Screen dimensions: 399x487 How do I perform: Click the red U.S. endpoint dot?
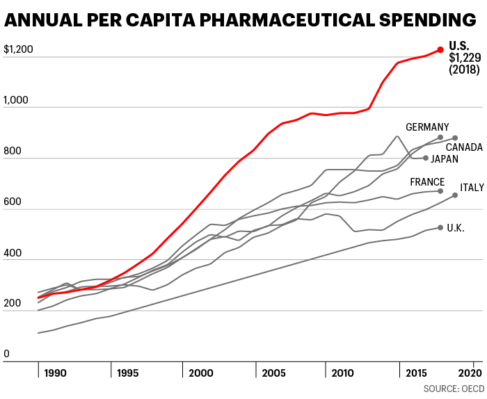point(440,49)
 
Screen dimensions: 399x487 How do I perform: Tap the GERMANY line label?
point(427,127)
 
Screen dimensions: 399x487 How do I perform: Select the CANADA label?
point(464,147)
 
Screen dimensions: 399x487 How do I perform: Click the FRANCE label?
point(427,182)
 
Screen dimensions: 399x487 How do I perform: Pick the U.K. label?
point(456,228)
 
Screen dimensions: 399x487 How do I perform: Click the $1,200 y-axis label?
point(18,50)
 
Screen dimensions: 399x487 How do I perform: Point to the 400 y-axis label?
point(13,253)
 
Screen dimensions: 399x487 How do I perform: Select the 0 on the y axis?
point(7,355)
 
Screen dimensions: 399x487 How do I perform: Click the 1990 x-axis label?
point(55,373)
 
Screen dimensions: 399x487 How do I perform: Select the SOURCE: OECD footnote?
point(453,388)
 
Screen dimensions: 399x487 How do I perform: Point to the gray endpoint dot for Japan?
point(426,158)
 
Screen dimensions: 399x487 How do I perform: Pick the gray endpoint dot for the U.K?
point(440,227)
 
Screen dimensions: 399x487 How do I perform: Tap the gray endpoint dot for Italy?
point(455,195)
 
